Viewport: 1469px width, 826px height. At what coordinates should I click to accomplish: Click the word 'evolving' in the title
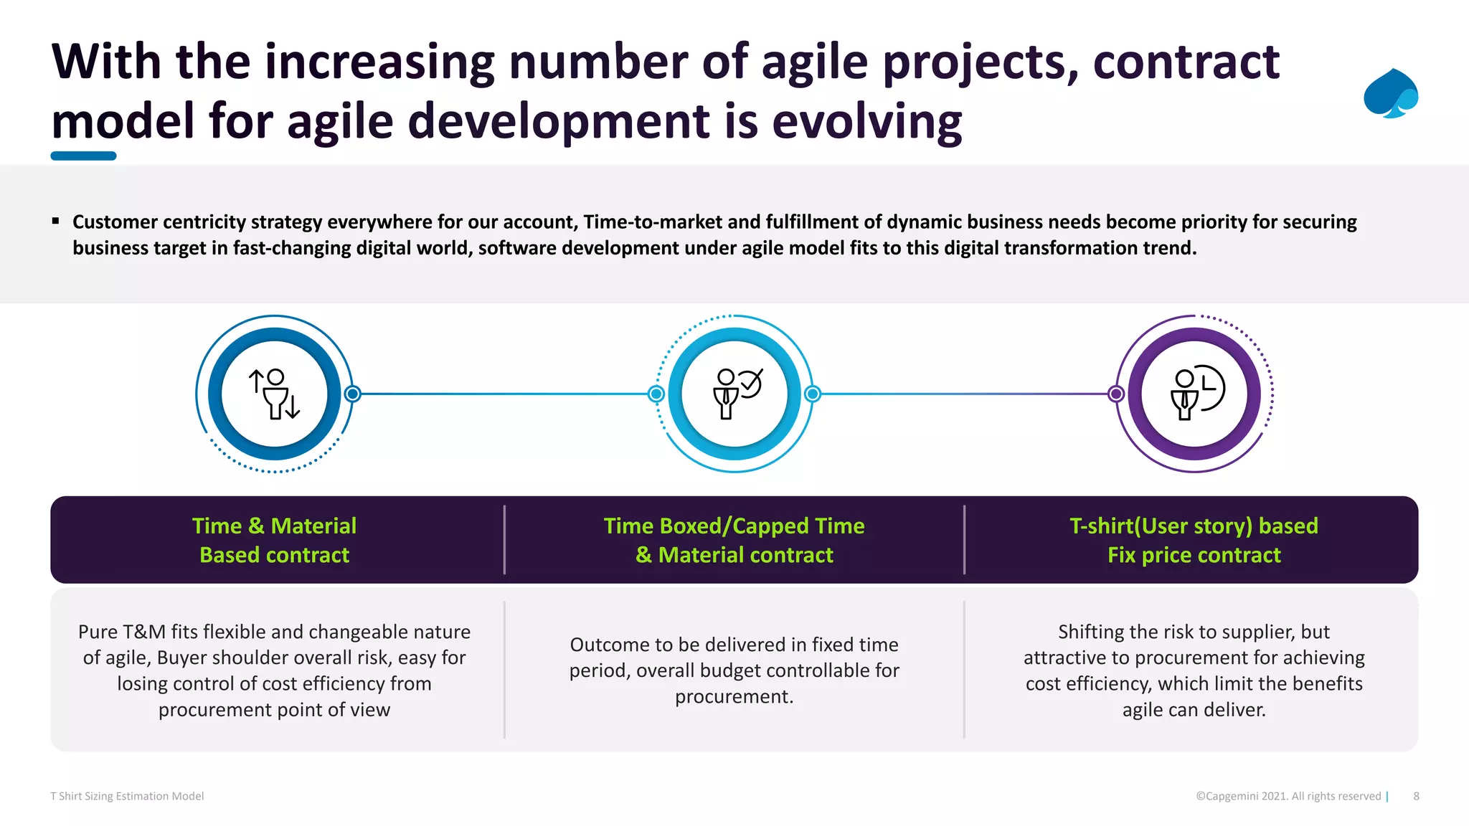click(866, 120)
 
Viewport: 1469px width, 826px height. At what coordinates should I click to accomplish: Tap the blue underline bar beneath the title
click(83, 156)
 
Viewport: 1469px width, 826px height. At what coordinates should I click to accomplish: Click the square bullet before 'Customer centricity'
click(55, 222)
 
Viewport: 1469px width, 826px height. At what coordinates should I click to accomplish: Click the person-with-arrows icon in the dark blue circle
click(275, 394)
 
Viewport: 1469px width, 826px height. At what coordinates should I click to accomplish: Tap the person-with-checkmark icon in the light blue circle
click(735, 394)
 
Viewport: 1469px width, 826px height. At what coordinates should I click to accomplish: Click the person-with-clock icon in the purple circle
click(1195, 394)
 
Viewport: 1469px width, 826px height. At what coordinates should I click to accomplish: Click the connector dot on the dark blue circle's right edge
click(352, 394)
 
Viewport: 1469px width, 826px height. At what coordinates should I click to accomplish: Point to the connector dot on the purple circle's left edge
click(1116, 394)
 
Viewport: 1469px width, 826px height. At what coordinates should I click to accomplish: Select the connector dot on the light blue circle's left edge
click(656, 394)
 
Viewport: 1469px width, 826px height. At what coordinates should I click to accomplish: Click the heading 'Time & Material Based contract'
click(275, 541)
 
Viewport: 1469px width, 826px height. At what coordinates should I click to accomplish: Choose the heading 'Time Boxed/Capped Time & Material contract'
click(734, 541)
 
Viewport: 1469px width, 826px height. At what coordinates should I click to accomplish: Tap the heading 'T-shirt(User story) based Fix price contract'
click(1194, 541)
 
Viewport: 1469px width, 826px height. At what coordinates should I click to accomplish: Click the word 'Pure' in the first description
click(98, 632)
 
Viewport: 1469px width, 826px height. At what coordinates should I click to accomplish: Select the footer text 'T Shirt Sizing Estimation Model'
click(127, 796)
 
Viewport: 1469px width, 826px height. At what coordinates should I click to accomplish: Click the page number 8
click(1416, 796)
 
